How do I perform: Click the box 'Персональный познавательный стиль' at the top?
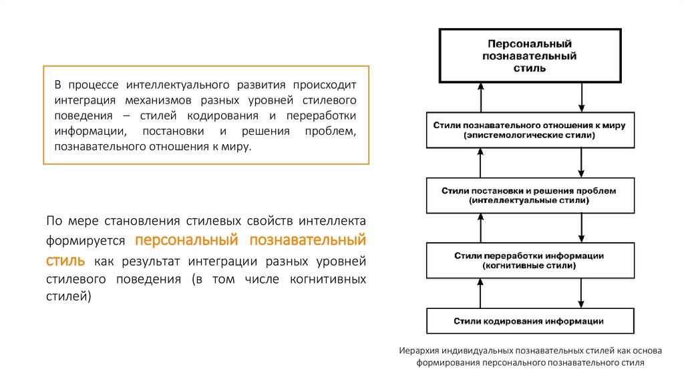530,55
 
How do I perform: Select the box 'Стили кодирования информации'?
530,321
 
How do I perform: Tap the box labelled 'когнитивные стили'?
530,260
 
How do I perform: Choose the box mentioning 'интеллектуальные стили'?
530,196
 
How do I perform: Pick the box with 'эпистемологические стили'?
530,130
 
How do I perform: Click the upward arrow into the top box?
479,97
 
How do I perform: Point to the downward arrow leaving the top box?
582,97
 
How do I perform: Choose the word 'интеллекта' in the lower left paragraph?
332,220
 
